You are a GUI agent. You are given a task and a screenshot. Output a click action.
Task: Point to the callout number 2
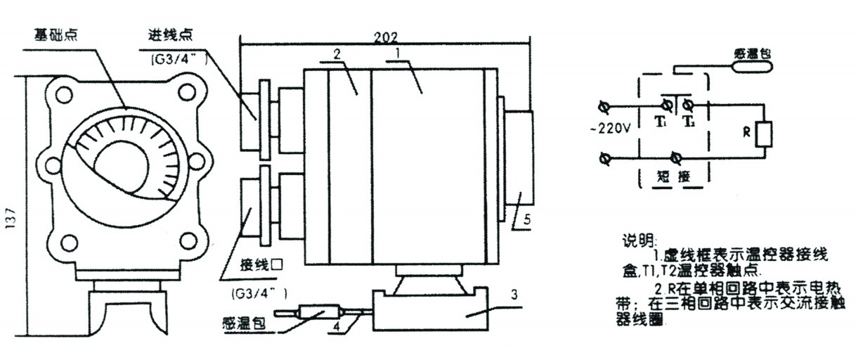tap(337, 53)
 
